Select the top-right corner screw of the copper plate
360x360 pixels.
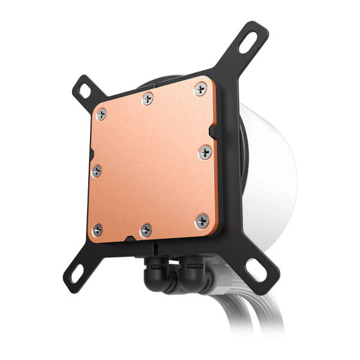coord(199,89)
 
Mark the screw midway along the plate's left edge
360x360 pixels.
coord(97,171)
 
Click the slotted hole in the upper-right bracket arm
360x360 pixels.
coord(250,40)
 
